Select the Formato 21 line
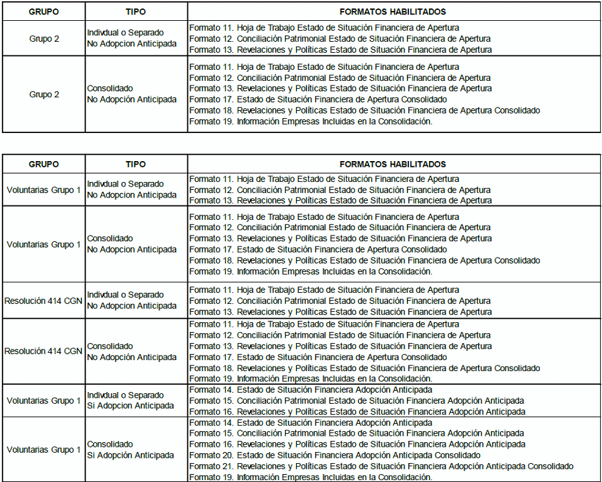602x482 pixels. pos(381,466)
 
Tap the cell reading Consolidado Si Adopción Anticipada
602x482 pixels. pos(130,449)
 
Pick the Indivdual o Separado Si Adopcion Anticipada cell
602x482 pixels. pos(130,400)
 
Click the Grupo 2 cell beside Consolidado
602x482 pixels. pos(44,94)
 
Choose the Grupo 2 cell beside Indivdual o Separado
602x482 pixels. pos(44,38)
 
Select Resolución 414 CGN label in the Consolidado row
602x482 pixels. pos(44,352)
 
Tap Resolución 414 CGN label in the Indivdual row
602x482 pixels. pos(44,301)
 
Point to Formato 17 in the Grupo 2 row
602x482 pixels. pos(318,99)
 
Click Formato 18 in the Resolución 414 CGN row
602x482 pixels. pos(364,368)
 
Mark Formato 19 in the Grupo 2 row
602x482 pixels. pos(310,121)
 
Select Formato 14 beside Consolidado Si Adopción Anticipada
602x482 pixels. pos(310,423)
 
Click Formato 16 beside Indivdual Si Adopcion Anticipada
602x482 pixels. pos(357,412)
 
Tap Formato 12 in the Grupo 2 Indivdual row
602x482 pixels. pos(339,38)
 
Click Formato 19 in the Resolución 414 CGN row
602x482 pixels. pos(310,378)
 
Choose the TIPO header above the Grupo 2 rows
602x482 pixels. pos(136,12)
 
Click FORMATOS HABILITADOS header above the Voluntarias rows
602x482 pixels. pos(393,164)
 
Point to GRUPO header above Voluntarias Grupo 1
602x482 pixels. pos(44,164)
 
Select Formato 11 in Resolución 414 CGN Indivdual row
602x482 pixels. pos(324,290)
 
